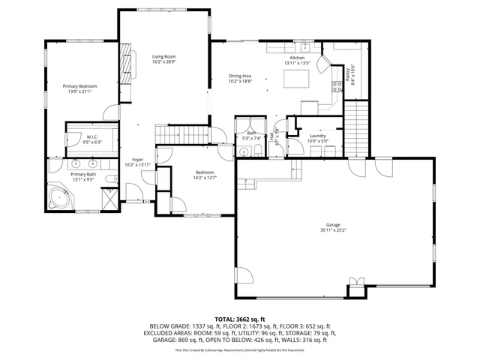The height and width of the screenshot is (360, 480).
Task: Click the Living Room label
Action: point(163,56)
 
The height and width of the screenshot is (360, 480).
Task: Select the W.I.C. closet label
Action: point(91,137)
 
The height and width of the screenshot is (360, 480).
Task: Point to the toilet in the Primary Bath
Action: point(109,179)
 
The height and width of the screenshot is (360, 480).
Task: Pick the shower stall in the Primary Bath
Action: point(109,200)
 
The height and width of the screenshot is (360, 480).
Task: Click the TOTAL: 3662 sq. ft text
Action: point(239,319)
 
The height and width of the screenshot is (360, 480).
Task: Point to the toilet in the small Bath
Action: point(256,152)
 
